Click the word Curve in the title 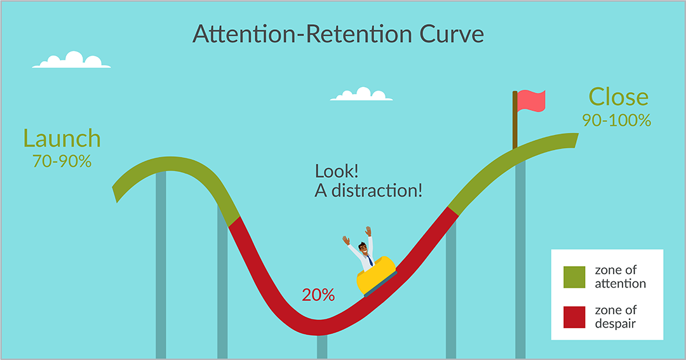pyautogui.click(x=452, y=34)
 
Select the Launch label pyautogui.click(x=62, y=138)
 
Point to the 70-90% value pyautogui.click(x=62, y=161)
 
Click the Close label pyautogui.click(x=618, y=97)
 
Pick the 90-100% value pyautogui.click(x=616, y=120)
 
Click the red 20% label pyautogui.click(x=318, y=295)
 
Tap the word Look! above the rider pyautogui.click(x=337, y=171)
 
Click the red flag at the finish pyautogui.click(x=531, y=101)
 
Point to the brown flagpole pyautogui.click(x=515, y=120)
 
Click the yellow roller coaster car pyautogui.click(x=376, y=276)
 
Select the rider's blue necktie pyautogui.click(x=370, y=261)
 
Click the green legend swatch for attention pyautogui.click(x=574, y=277)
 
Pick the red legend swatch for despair pyautogui.click(x=574, y=317)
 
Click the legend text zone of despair pyautogui.click(x=615, y=317)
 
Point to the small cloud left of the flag pyautogui.click(x=361, y=94)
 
